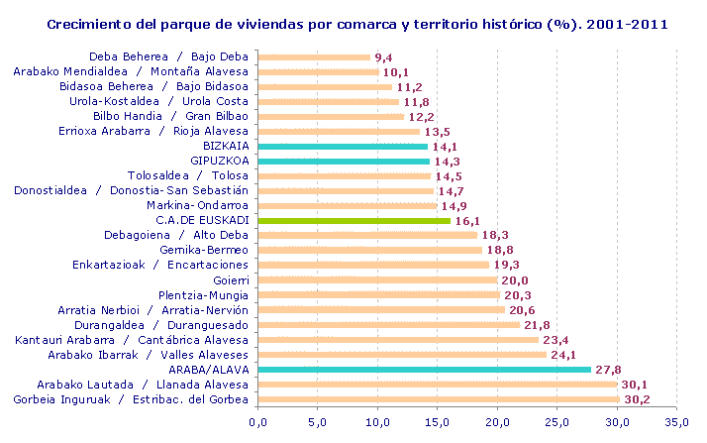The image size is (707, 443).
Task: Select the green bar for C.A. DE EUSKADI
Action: [x=353, y=220]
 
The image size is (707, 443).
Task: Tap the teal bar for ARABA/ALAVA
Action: [x=424, y=369]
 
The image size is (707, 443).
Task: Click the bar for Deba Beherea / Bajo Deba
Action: [x=313, y=56]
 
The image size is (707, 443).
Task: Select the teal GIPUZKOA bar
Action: [x=343, y=161]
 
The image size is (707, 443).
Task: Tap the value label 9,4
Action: [x=384, y=57]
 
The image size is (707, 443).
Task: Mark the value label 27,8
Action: [x=610, y=370]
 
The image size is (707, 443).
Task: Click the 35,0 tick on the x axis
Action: [x=676, y=423]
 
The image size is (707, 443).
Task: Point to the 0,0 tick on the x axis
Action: [x=257, y=423]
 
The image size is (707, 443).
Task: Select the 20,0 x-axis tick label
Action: [x=497, y=423]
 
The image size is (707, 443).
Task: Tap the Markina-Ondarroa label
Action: [x=201, y=205]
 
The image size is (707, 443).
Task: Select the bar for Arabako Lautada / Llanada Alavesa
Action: [x=437, y=384]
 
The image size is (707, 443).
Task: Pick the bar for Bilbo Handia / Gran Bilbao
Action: [x=331, y=116]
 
